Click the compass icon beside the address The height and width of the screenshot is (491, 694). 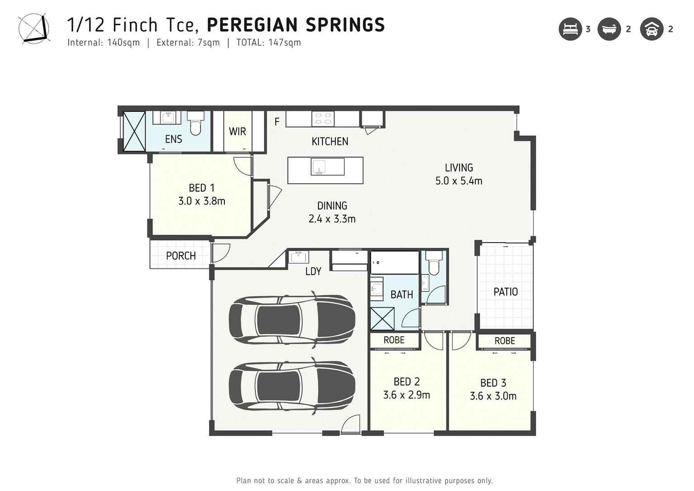pyautogui.click(x=33, y=29)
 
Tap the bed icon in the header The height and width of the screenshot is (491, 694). pyautogui.click(x=570, y=29)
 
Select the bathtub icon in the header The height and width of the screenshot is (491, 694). pyautogui.click(x=609, y=29)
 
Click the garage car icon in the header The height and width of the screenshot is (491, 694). pyautogui.click(x=651, y=29)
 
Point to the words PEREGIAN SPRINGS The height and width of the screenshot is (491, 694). pyautogui.click(x=295, y=25)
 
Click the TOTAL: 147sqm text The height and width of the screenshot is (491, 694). pyautogui.click(x=268, y=43)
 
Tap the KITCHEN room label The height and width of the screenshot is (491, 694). pyautogui.click(x=330, y=142)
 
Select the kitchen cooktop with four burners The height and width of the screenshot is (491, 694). pyautogui.click(x=323, y=119)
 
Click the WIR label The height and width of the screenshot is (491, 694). pyautogui.click(x=238, y=131)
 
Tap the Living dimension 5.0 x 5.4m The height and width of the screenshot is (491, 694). pyautogui.click(x=459, y=181)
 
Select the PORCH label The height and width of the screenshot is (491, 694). pyautogui.click(x=181, y=256)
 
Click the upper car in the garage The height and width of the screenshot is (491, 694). pyautogui.click(x=291, y=319)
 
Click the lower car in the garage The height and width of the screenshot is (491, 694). pyautogui.click(x=291, y=385)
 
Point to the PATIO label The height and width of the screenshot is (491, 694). pyautogui.click(x=505, y=292)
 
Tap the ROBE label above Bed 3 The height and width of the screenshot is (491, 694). pyautogui.click(x=504, y=341)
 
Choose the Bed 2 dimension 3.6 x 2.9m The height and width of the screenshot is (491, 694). pyautogui.click(x=406, y=395)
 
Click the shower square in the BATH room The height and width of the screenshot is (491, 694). pyautogui.click(x=382, y=319)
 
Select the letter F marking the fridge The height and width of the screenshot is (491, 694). pyautogui.click(x=277, y=121)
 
